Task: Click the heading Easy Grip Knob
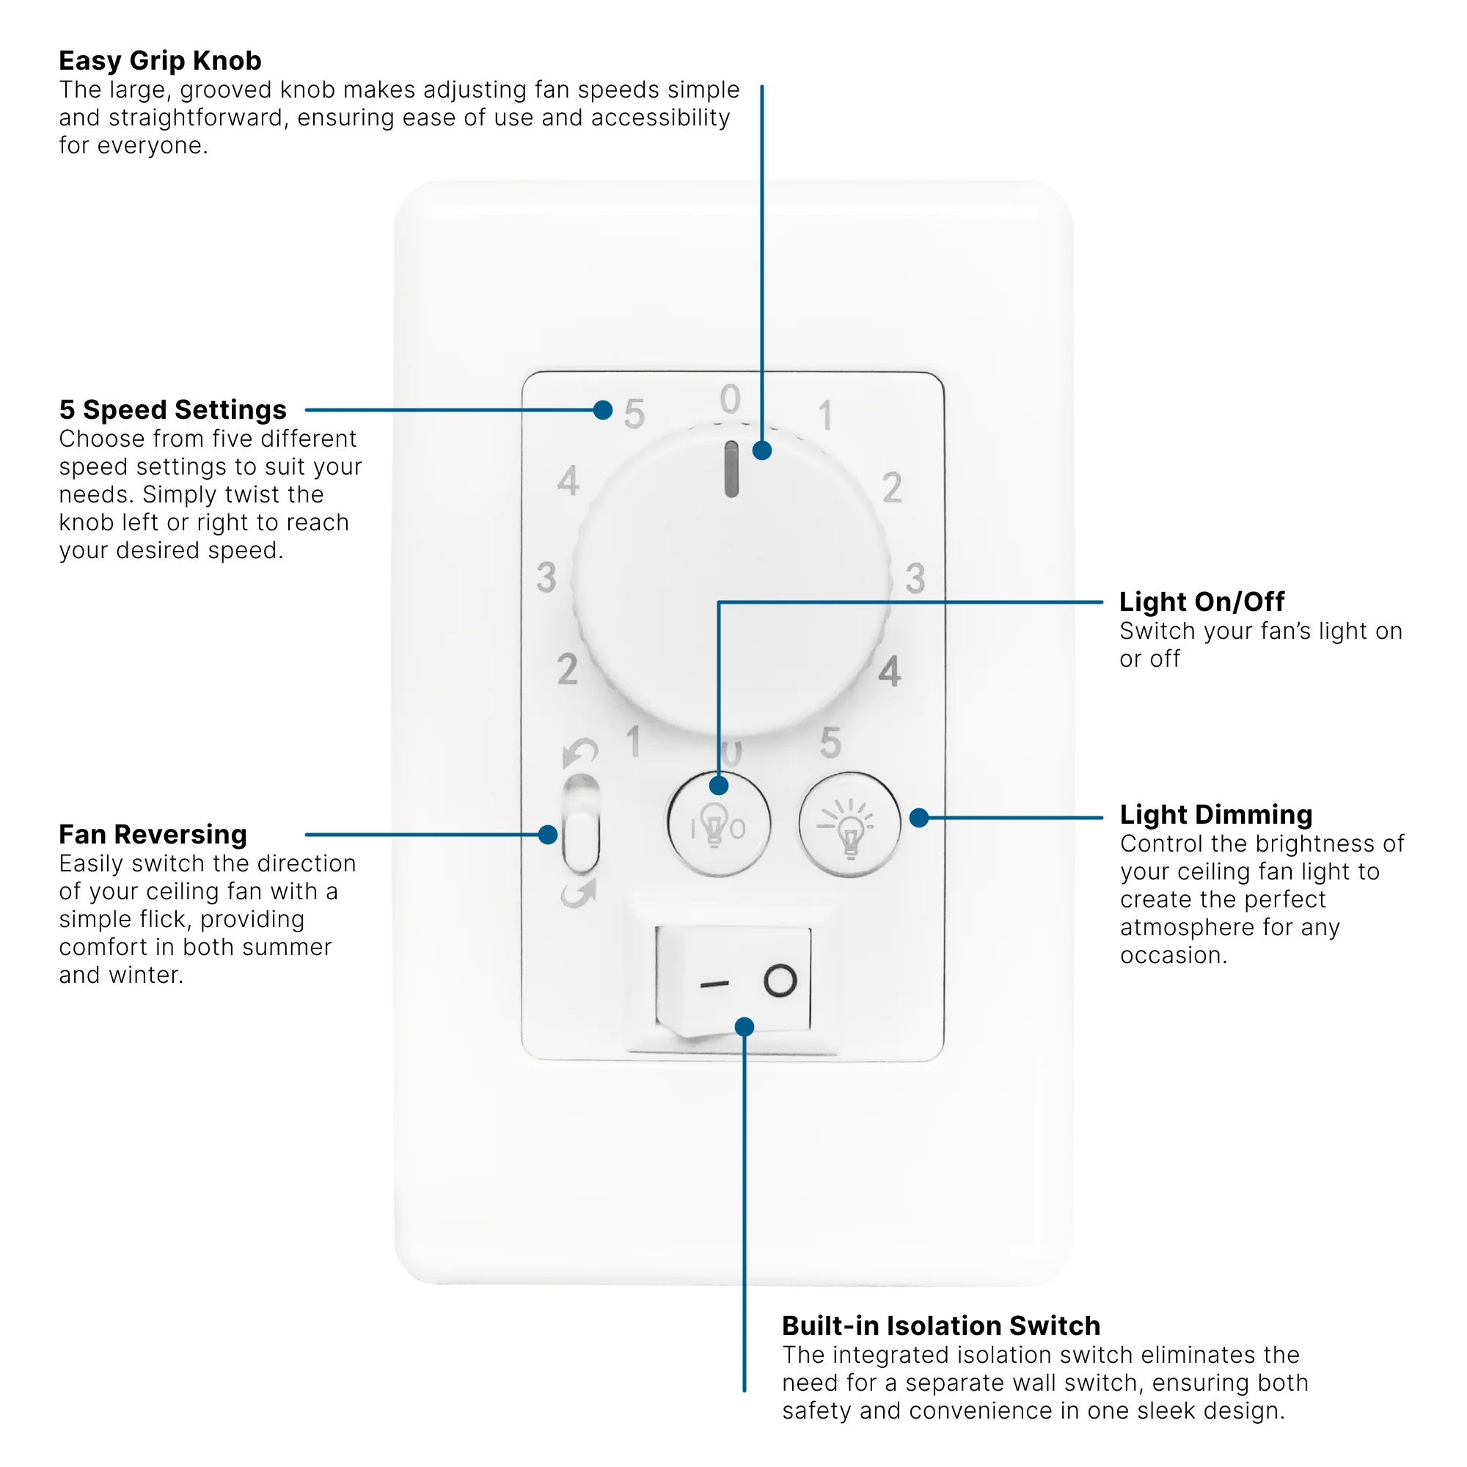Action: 160,61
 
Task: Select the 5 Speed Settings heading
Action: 173,410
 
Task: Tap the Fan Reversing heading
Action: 153,835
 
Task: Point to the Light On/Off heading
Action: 1202,602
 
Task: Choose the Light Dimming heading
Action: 1215,815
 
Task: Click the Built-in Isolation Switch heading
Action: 942,1325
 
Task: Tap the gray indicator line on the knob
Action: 732,469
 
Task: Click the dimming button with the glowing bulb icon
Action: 849,825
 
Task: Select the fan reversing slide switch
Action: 582,824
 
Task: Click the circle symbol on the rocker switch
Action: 780,981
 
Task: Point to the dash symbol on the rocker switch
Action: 714,985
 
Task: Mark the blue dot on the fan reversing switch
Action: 547,835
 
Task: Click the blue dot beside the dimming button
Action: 920,818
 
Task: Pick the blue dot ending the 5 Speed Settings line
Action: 603,411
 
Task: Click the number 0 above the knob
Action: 731,400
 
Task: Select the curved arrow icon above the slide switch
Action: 581,753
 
